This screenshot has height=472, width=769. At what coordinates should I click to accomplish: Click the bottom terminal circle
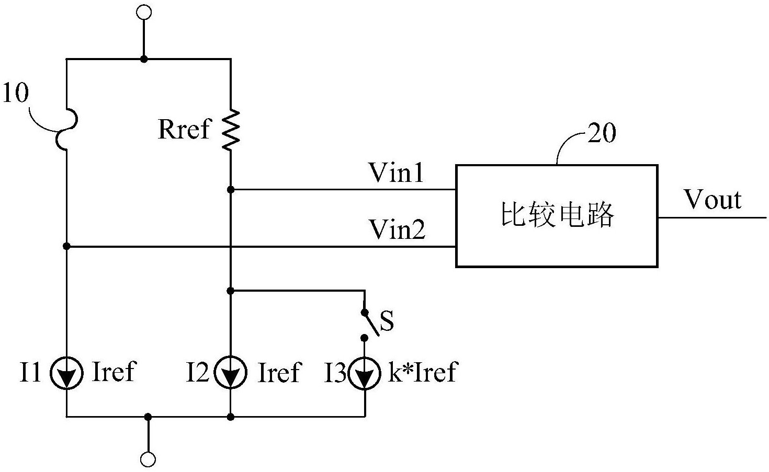click(x=148, y=459)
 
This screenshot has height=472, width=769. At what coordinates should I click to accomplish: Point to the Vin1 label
click(x=396, y=173)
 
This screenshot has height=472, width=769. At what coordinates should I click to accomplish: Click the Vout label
click(x=713, y=200)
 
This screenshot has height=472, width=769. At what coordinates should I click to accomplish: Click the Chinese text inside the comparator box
click(x=557, y=215)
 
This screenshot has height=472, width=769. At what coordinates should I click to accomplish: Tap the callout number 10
click(x=16, y=94)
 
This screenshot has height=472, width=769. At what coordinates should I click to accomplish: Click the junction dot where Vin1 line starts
click(x=231, y=190)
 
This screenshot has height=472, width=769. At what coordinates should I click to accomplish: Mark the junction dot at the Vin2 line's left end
click(x=66, y=246)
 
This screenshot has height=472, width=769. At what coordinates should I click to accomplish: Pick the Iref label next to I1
click(x=114, y=372)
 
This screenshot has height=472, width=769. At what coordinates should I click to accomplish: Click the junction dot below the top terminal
click(x=144, y=59)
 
